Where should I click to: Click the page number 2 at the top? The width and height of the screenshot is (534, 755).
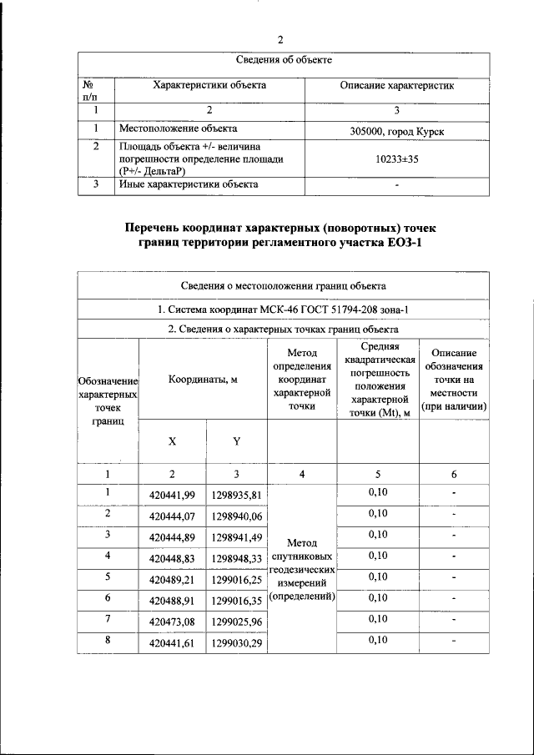point(280,39)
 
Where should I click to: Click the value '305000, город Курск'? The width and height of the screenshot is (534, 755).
point(397,133)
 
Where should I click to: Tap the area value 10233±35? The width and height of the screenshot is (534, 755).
point(397,159)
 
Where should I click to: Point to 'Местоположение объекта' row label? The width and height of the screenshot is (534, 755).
point(178,128)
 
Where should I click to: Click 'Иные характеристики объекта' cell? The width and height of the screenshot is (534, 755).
point(188,184)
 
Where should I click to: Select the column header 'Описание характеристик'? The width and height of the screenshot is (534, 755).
point(397,85)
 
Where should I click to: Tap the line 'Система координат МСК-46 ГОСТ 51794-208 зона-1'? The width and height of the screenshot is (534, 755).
point(283,309)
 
